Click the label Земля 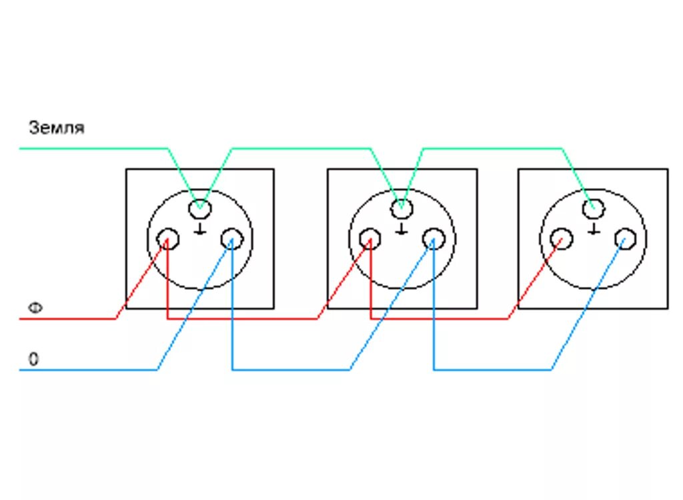[x=57, y=127]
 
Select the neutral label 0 [x=33, y=359]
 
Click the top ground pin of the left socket [x=199, y=209]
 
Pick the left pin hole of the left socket [x=167, y=239]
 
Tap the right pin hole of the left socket [x=232, y=238]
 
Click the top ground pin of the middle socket [x=401, y=209]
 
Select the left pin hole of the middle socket [x=370, y=239]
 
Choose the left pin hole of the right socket [x=562, y=239]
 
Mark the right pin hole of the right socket [x=625, y=238]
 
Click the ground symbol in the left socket [x=199, y=229]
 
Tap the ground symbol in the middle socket [x=401, y=229]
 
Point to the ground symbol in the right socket [x=592, y=229]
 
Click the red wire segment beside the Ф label [x=67, y=318]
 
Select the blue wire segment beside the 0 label [x=87, y=369]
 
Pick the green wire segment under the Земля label [x=93, y=148]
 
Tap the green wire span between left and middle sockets [x=300, y=148]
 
